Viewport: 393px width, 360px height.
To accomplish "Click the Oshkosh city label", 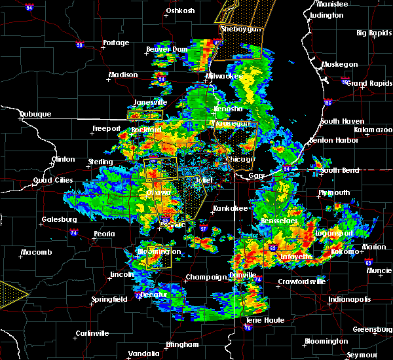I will point(181,10).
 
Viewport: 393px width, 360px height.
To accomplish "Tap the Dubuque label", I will point(18,114).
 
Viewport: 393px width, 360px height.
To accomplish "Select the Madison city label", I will point(123,75).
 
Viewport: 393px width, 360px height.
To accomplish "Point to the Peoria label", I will point(104,234).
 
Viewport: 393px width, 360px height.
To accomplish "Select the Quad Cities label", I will point(54,181).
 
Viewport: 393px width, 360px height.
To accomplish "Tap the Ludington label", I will point(326,14).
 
